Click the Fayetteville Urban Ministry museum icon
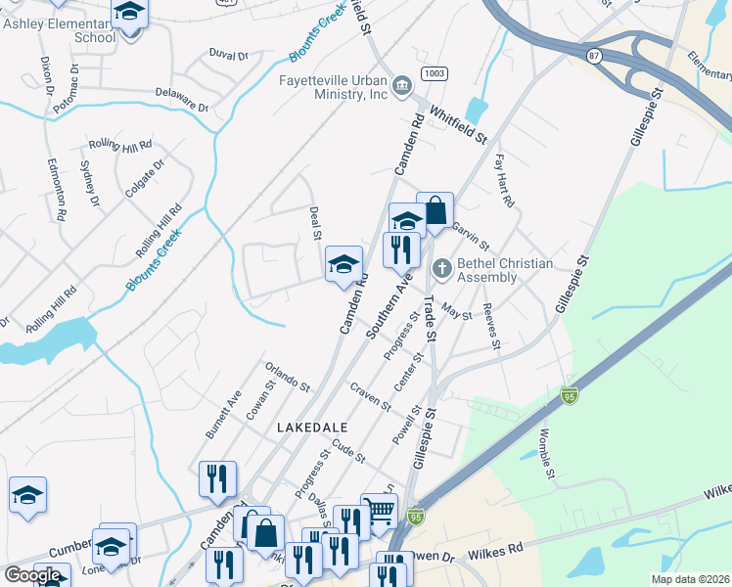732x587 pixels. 401,88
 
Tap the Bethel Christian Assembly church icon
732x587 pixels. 442,266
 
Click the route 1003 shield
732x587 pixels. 435,74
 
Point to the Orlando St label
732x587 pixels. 287,379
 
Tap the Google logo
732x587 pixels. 32,575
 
